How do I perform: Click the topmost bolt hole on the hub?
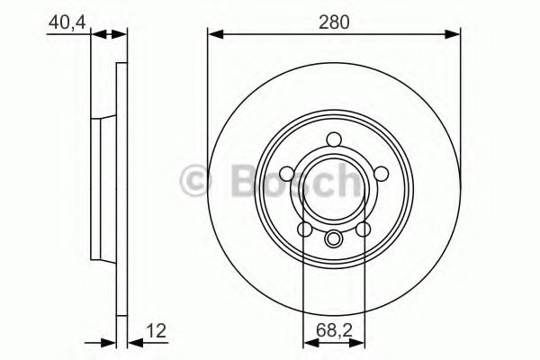334,139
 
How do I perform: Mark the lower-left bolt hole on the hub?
306,229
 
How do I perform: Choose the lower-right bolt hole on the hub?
363,229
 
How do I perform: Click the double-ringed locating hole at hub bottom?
334,238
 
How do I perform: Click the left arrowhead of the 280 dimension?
213,34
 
